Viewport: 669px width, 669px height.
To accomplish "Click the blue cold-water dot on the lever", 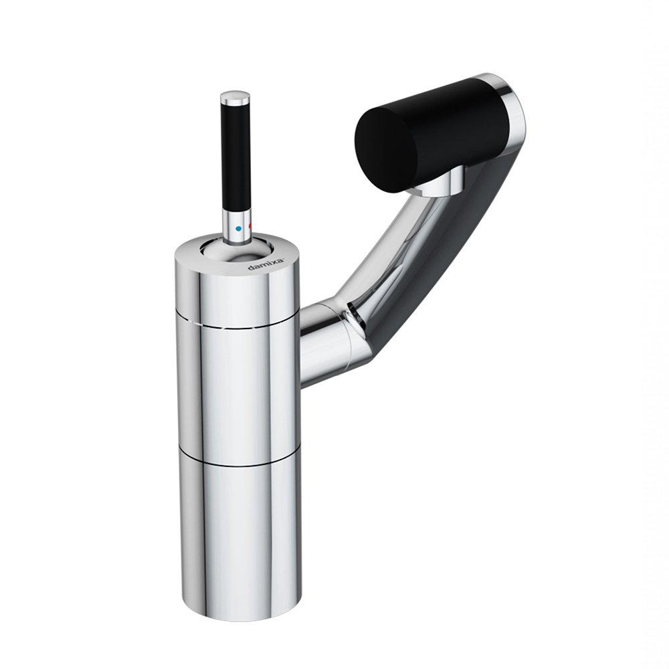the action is tap(239, 229).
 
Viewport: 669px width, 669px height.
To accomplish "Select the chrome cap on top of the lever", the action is tap(235, 98).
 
